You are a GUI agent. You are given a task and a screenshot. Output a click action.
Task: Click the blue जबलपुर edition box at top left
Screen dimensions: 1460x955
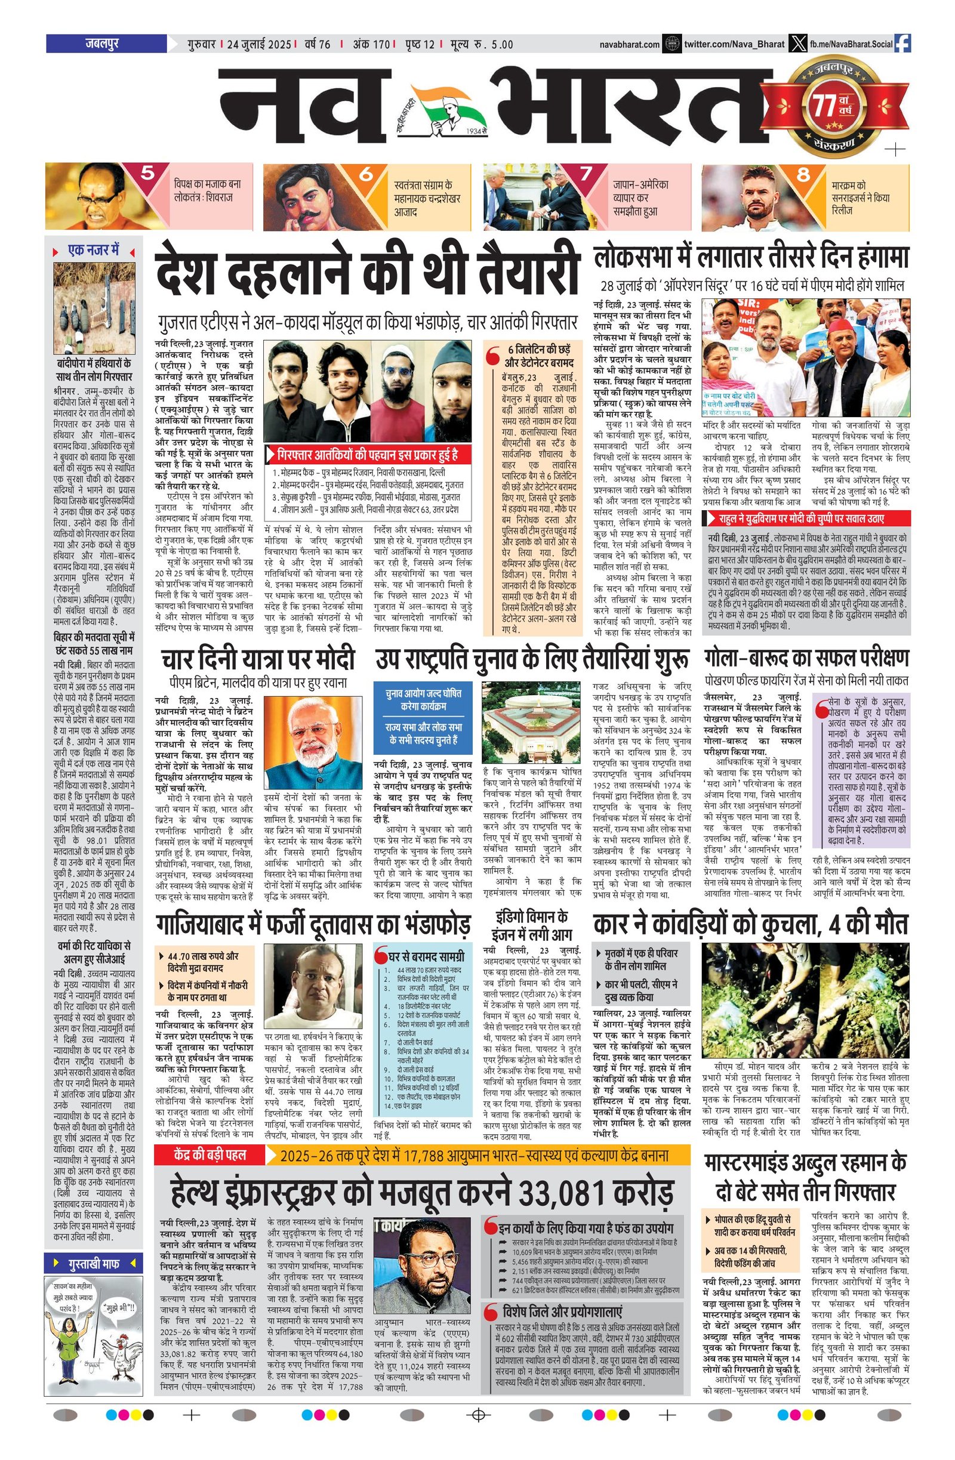(106, 44)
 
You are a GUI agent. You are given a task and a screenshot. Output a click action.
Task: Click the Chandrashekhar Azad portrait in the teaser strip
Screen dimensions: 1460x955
(307, 196)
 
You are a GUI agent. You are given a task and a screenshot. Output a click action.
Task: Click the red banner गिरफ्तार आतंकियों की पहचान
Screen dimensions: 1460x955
(367, 455)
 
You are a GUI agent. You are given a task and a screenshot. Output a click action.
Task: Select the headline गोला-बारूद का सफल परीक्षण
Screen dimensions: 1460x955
(806, 658)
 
